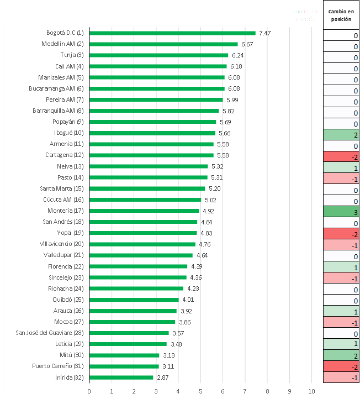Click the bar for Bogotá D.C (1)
click(x=172, y=33)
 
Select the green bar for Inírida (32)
click(x=121, y=377)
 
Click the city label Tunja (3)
click(x=72, y=55)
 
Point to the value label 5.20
click(x=214, y=188)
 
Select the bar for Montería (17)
click(x=144, y=211)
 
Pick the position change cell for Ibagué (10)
click(x=341, y=135)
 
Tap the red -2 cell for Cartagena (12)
click(x=341, y=157)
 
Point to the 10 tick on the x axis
click(x=311, y=391)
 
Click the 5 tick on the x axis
click(x=200, y=391)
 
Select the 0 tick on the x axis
click(x=89, y=391)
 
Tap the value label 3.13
click(x=168, y=355)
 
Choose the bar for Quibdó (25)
click(x=134, y=300)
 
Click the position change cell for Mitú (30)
click(x=341, y=356)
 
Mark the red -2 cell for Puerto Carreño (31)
click(x=341, y=367)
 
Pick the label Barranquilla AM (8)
click(x=58, y=111)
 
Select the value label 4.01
click(x=188, y=300)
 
